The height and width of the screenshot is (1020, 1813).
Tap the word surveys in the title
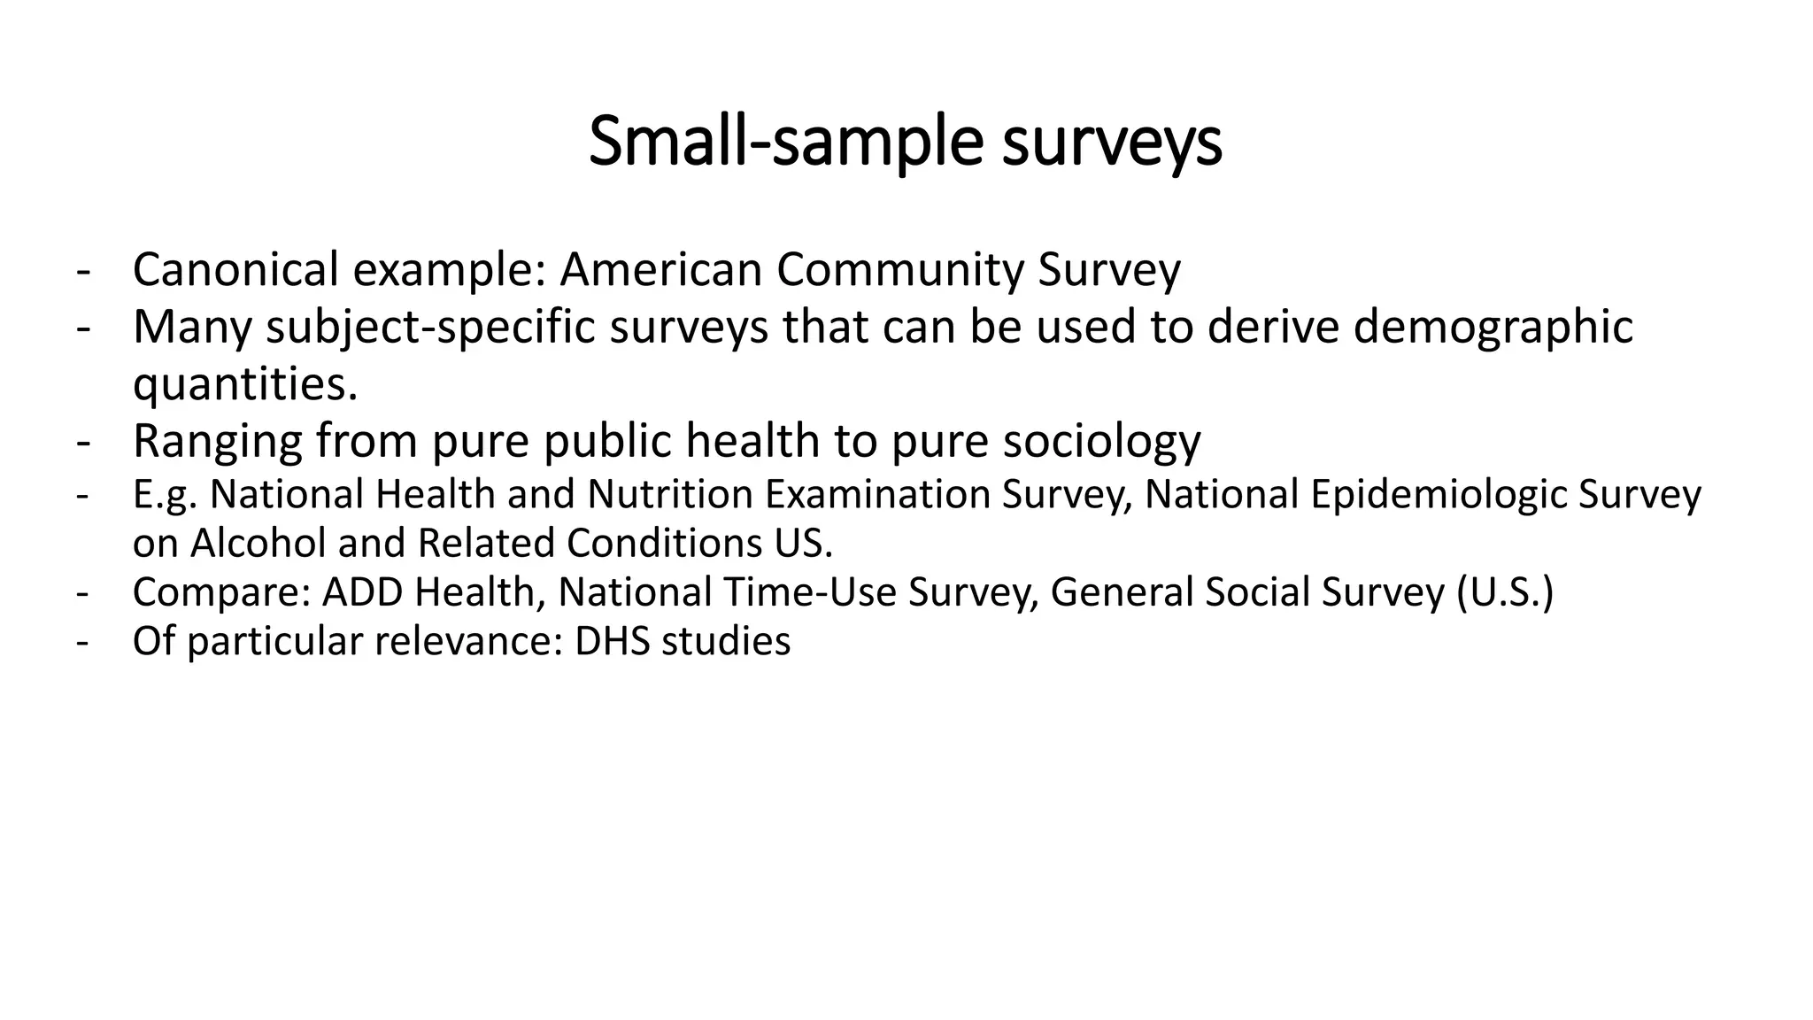pyautogui.click(x=1112, y=142)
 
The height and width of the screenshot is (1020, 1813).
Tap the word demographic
pyautogui.click(x=1493, y=327)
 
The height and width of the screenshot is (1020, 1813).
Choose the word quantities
pyautogui.click(x=244, y=383)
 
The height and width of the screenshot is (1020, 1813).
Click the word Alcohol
pyautogui.click(x=258, y=543)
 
